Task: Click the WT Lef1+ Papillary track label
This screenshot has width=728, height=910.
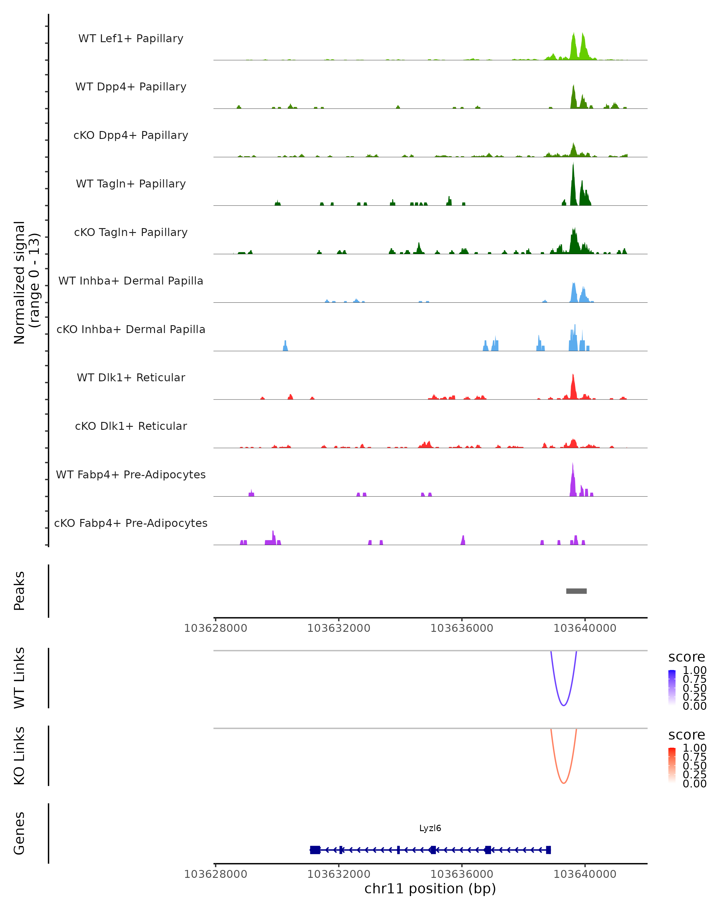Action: click(131, 39)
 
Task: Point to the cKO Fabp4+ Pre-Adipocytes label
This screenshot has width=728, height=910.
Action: click(131, 523)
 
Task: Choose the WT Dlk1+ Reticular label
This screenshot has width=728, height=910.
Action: click(131, 377)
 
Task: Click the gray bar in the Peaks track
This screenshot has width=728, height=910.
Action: click(576, 591)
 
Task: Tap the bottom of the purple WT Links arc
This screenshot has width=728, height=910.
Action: click(563, 705)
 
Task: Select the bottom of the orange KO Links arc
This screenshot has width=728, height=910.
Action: click(563, 783)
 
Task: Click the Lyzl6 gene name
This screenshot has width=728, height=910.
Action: click(430, 828)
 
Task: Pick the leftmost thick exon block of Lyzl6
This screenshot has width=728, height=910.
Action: click(315, 850)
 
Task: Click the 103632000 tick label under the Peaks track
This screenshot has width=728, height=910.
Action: click(339, 628)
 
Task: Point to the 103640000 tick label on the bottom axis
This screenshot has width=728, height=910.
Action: click(585, 874)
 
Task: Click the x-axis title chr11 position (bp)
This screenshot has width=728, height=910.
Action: click(430, 888)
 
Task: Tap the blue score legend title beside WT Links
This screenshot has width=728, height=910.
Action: click(686, 657)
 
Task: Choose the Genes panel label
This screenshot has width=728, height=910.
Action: click(19, 833)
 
